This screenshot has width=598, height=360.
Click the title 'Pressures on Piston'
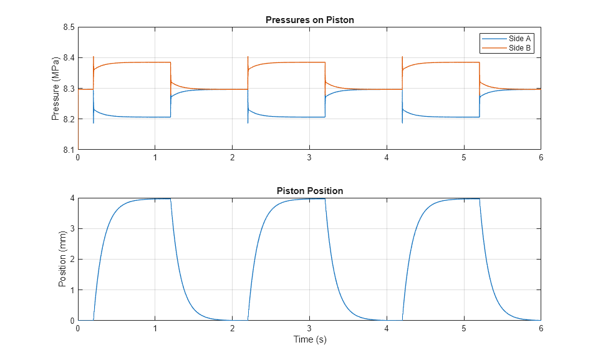point(309,20)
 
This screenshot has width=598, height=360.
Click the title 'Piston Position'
point(309,191)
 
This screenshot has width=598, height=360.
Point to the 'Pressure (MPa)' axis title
point(55,89)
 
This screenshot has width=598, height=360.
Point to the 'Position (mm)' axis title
point(62,260)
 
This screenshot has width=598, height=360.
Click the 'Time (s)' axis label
point(310,340)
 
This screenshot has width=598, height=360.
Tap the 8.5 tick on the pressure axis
point(67,27)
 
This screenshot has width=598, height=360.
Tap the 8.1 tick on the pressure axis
point(67,150)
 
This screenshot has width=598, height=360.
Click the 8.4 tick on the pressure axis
point(67,58)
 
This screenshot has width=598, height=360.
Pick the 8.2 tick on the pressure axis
point(67,119)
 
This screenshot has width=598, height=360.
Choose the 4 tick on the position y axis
point(72,198)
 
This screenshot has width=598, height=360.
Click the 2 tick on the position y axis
point(72,260)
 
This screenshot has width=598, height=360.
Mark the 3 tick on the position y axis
point(72,229)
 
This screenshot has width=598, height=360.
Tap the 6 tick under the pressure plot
point(541,158)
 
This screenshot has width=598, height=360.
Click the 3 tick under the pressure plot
point(309,158)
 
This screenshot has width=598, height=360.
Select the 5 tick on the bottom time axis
point(464,329)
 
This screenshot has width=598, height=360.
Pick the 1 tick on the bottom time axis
point(155,329)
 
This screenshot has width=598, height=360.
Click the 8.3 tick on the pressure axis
point(67,89)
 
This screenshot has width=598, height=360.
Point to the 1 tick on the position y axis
point(72,290)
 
